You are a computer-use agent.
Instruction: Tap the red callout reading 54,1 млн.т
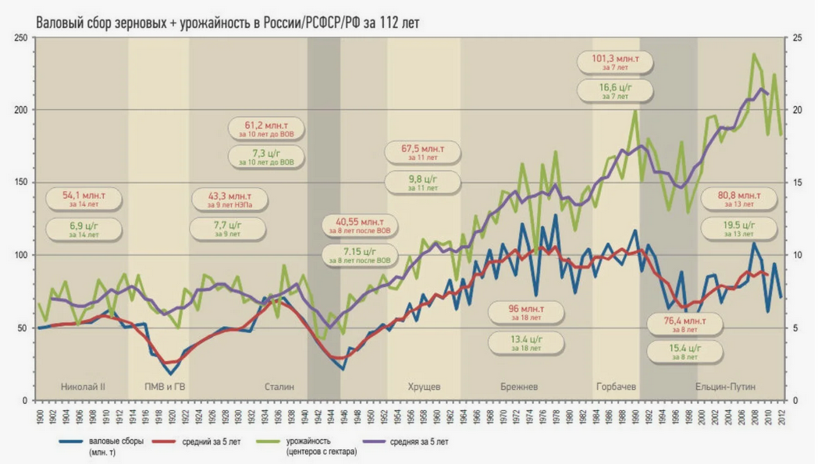84,199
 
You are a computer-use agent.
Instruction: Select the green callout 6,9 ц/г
84,229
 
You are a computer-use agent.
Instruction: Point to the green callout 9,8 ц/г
422,182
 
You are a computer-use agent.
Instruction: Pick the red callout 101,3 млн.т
615,62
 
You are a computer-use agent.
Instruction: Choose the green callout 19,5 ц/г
738,229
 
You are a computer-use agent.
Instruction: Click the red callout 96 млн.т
524,312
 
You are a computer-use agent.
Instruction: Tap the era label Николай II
83,387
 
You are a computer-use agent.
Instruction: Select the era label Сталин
279,387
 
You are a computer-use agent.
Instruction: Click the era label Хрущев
425,387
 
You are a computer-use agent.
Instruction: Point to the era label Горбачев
616,387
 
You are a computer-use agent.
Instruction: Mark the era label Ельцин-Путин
725,387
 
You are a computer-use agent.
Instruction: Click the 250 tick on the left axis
20,38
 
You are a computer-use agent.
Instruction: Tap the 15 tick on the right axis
795,183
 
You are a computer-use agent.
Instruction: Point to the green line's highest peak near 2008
753,54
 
